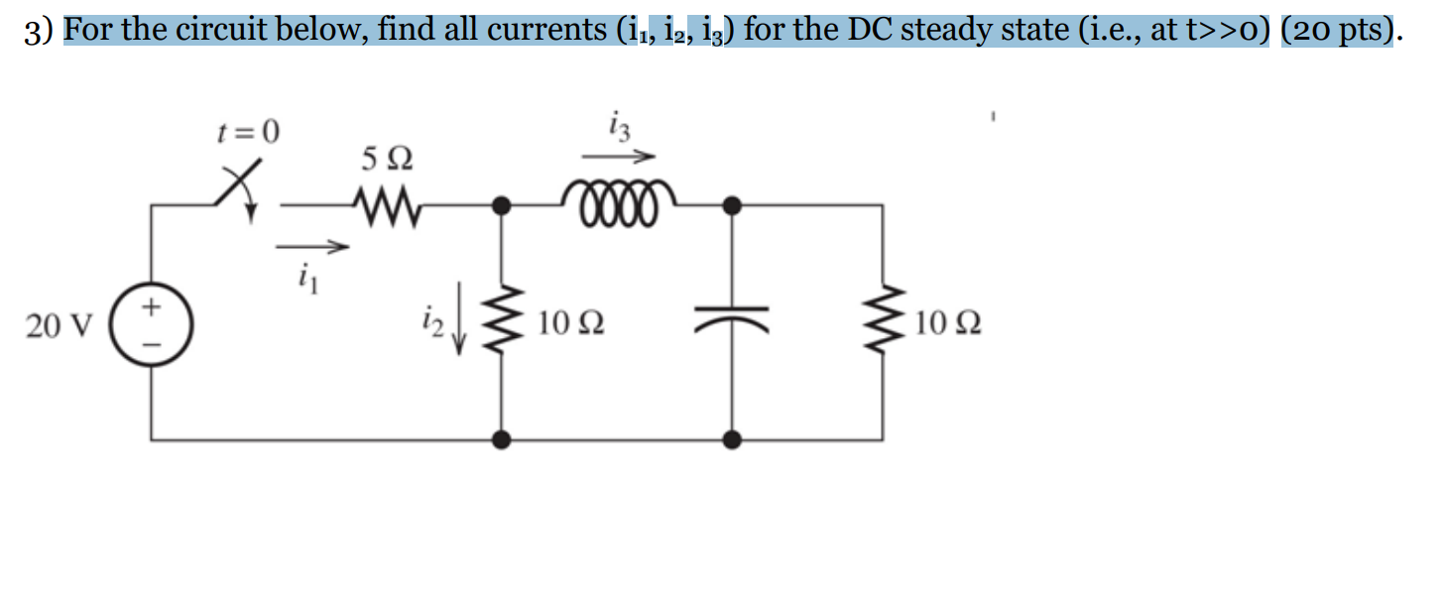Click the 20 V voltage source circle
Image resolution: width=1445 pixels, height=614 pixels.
(x=151, y=324)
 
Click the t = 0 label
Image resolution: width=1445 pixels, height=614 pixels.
(x=249, y=131)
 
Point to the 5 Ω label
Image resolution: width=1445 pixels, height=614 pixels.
(x=388, y=159)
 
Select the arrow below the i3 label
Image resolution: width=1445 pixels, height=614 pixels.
(x=619, y=156)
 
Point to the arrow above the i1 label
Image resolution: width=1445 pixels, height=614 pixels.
(x=312, y=246)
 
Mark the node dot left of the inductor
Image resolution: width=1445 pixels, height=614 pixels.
(x=503, y=205)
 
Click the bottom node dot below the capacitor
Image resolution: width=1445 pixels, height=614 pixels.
(x=732, y=438)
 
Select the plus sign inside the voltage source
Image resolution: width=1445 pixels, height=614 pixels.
(x=151, y=308)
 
